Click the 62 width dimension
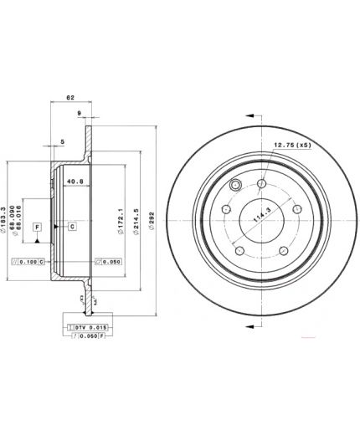click(x=71, y=98)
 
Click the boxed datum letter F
click(x=37, y=227)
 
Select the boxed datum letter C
click(x=72, y=227)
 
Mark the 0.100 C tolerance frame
click(x=28, y=262)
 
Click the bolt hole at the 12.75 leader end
click(x=262, y=183)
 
